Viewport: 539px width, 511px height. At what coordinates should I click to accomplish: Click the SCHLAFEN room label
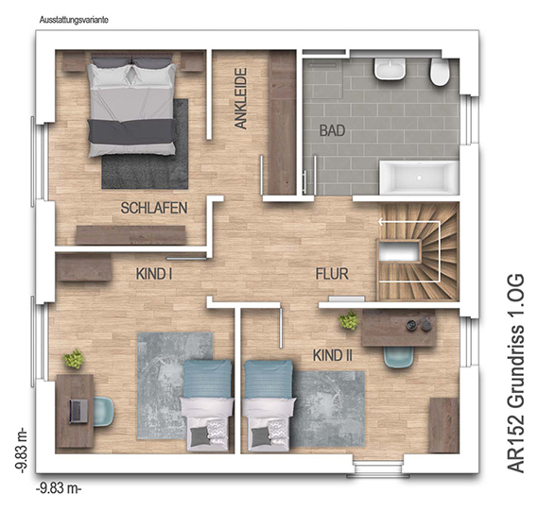(154, 208)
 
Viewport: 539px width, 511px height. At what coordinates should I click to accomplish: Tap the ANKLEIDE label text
(240, 98)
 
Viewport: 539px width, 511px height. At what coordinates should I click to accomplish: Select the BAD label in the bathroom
(332, 130)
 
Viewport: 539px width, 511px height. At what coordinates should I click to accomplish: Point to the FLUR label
(332, 274)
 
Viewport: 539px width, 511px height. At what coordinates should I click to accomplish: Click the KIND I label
(154, 274)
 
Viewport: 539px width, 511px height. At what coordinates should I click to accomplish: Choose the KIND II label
(333, 355)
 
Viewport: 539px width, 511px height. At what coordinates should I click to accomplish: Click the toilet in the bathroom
(440, 72)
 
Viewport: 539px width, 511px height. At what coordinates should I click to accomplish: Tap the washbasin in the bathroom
(390, 69)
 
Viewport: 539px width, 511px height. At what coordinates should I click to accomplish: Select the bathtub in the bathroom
(419, 178)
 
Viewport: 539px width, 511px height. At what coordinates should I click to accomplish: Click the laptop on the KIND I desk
(78, 411)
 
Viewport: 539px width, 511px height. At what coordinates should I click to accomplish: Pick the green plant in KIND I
(74, 359)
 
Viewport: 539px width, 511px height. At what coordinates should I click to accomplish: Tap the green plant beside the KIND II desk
(349, 320)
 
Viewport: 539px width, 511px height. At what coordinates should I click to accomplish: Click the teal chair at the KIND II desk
(398, 357)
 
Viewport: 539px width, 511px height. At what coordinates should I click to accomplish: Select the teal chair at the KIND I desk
(103, 411)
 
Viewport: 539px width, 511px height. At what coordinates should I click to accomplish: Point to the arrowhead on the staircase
(380, 222)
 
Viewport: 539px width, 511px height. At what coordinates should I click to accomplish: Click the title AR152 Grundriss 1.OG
(515, 373)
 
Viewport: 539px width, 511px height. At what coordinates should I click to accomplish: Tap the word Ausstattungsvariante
(74, 20)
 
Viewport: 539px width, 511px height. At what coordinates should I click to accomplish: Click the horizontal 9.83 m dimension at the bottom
(59, 488)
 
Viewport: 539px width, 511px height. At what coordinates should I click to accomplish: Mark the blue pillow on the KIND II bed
(269, 379)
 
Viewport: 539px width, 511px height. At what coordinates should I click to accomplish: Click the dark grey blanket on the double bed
(132, 131)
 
